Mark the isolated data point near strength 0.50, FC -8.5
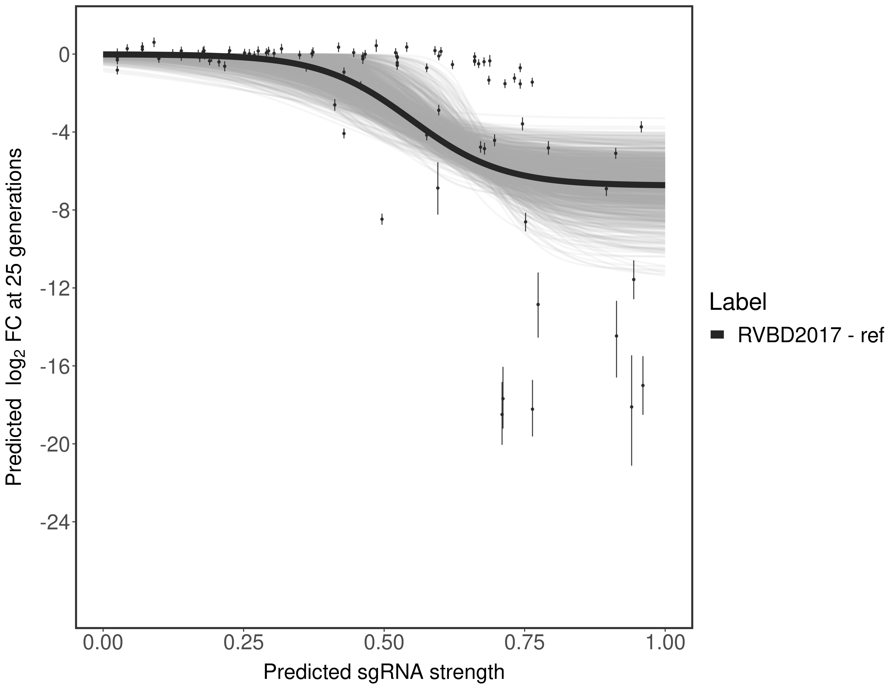[382, 219]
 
